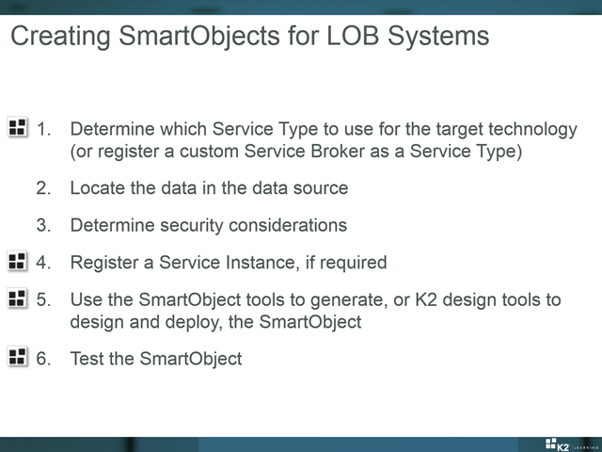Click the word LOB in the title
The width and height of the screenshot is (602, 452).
(x=353, y=36)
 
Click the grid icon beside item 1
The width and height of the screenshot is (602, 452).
(x=17, y=127)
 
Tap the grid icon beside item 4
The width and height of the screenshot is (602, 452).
(x=17, y=261)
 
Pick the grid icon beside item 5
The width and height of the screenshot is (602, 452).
(x=17, y=299)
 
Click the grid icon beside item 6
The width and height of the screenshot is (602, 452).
(x=17, y=357)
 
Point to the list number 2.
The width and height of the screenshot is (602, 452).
(x=43, y=188)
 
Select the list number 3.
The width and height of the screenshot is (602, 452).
(x=43, y=225)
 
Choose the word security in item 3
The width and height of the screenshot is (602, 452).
(x=191, y=226)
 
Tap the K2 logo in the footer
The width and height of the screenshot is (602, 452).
(x=557, y=444)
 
